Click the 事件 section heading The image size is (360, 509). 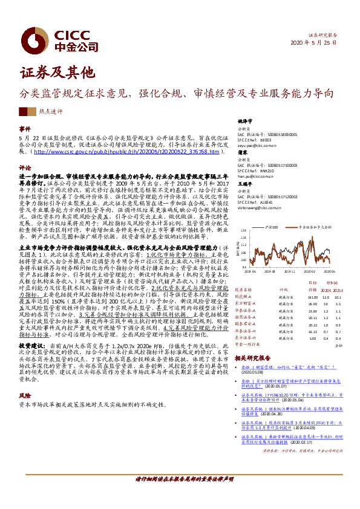pyautogui.click(x=25, y=130)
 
